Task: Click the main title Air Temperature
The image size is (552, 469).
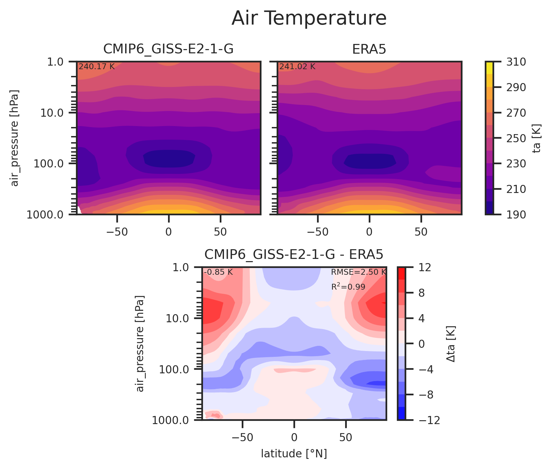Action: pos(309,18)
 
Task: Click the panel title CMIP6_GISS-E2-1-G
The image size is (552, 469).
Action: pos(168,49)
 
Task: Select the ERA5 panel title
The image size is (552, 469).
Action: pos(369,49)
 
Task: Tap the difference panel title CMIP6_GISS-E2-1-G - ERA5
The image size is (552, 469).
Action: pos(294,255)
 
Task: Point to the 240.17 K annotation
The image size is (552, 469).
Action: pos(97,67)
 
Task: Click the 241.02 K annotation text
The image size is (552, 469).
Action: pos(297,67)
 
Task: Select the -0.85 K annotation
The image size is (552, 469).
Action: pos(218,272)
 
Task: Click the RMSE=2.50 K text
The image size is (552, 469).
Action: pos(358,272)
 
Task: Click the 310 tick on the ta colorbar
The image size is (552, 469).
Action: pos(514,61)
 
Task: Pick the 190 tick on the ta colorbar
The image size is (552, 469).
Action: pos(514,214)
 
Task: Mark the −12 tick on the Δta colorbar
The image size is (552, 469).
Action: pos(426,420)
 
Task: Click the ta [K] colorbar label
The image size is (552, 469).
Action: pos(536,138)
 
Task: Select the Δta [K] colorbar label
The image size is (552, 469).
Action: pos(451,344)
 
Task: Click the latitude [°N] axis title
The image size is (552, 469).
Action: pos(294,454)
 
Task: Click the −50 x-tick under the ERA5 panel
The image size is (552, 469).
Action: pos(318,232)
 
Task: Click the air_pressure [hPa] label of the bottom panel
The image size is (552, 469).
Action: pos(140,344)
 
